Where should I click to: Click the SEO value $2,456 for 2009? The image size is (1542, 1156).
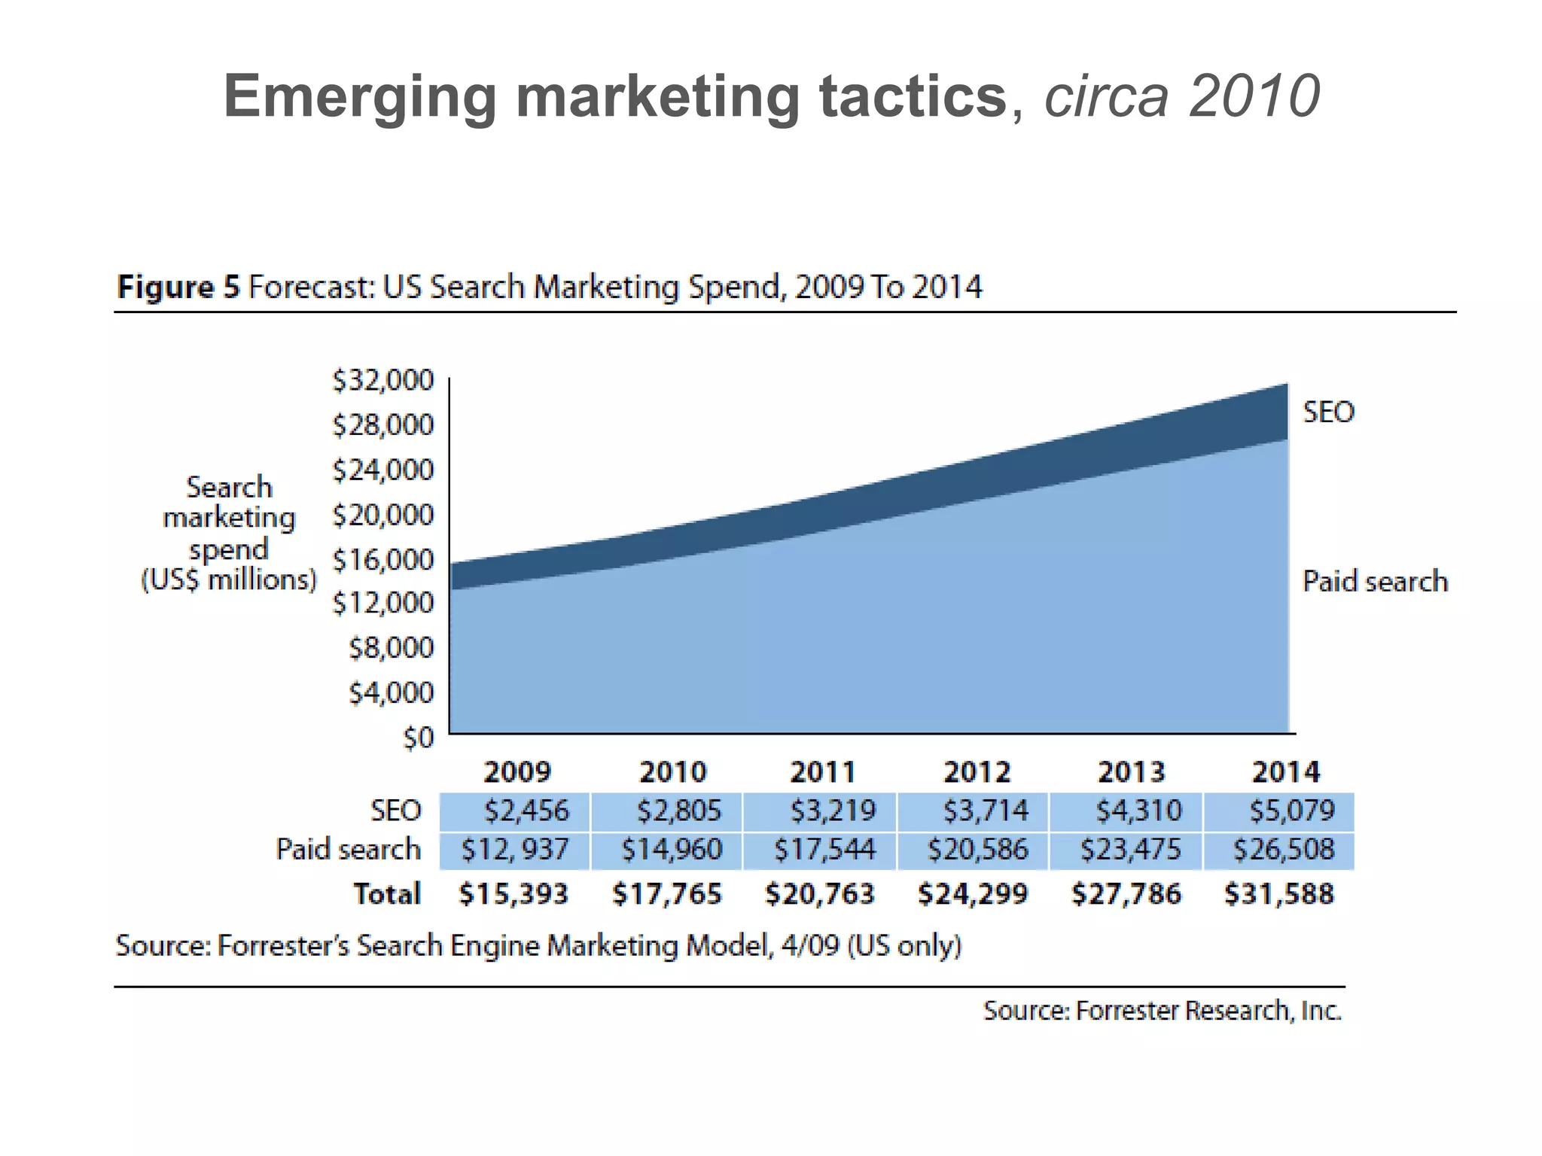526,811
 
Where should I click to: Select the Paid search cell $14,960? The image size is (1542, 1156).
671,850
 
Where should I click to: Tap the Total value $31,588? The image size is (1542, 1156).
1278,894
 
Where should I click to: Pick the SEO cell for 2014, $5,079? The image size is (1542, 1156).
1291,811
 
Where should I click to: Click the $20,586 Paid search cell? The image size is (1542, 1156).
977,850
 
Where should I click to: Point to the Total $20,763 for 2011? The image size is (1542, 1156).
819,894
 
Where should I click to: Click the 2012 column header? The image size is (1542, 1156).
977,771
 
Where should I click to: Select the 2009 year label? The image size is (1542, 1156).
517,771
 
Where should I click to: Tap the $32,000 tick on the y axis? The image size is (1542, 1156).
383,381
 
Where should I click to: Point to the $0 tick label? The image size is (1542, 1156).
419,738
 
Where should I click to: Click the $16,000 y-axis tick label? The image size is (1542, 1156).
383,560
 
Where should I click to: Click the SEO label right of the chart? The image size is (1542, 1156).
1328,412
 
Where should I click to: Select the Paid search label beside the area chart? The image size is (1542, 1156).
1375,582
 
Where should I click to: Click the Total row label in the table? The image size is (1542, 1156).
387,894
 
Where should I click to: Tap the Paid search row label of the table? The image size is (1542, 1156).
348,850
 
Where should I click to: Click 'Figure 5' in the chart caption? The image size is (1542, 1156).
178,287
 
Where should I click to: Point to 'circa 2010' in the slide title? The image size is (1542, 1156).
1181,97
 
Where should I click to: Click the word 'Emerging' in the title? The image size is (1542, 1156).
360,97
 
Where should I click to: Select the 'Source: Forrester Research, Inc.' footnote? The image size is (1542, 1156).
1162,1011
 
